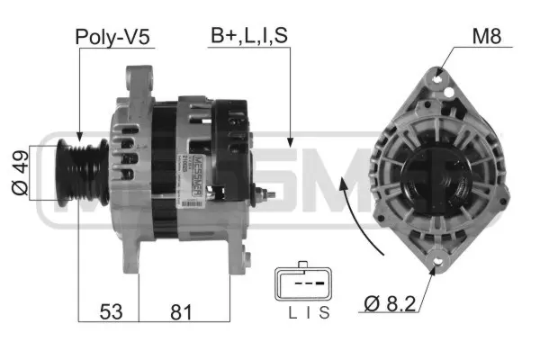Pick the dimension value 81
coord(183,311)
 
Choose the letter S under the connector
coord(324,313)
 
